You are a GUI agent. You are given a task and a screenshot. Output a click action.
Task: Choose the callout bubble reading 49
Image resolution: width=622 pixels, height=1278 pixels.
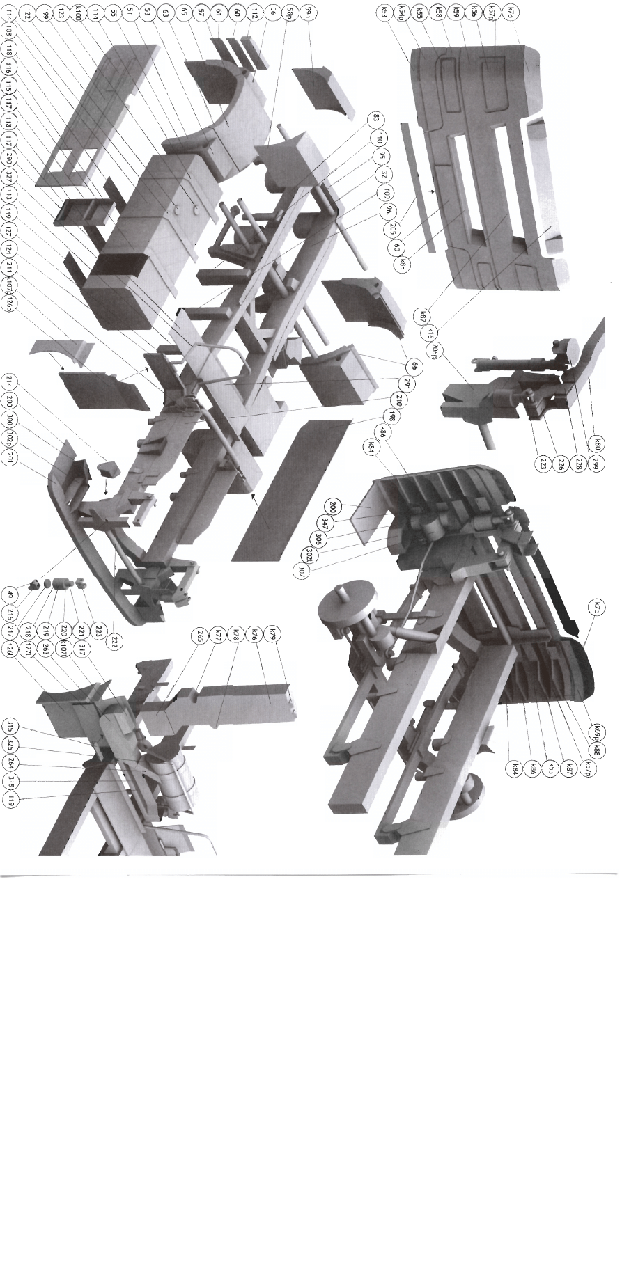[10, 595]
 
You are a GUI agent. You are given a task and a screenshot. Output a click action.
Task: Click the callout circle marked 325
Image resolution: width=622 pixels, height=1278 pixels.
[10, 745]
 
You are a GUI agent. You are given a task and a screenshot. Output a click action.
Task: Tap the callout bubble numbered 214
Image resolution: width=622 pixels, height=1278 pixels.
[10, 382]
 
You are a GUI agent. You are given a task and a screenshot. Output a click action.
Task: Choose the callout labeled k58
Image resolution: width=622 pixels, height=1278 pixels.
[438, 13]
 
